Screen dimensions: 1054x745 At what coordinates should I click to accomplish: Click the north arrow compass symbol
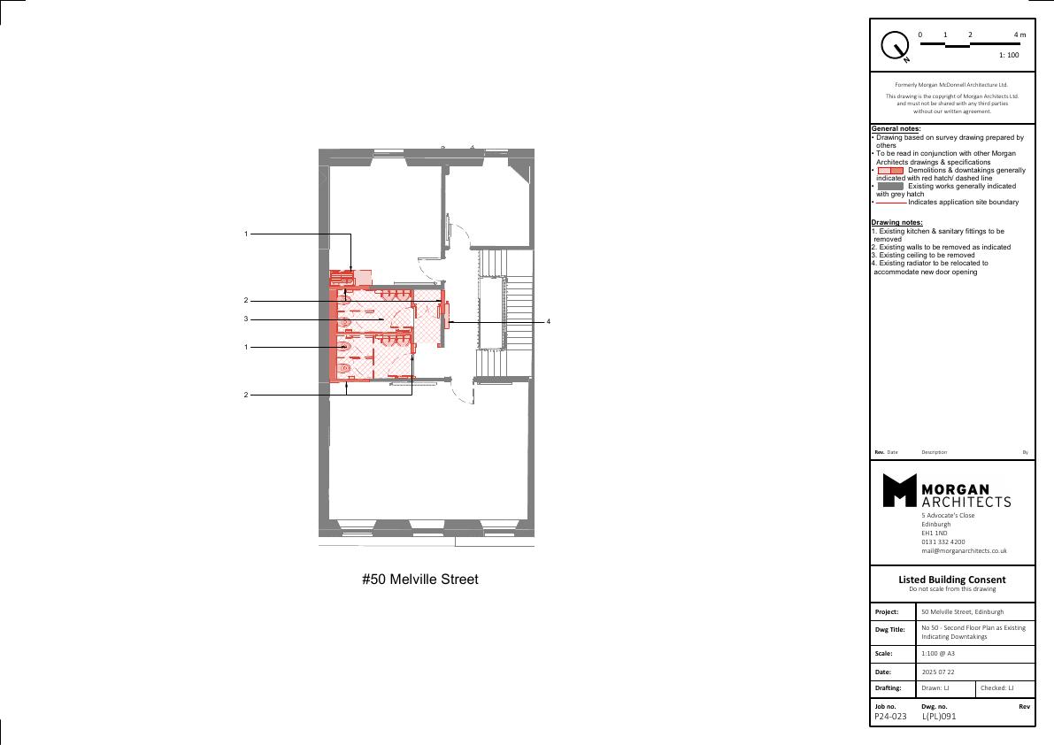895,46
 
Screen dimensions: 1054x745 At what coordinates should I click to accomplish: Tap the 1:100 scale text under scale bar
1008,55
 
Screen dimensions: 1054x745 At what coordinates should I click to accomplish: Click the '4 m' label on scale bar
1019,35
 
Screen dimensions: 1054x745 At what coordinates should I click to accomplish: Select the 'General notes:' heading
896,128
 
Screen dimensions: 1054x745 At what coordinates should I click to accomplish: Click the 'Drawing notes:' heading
896,222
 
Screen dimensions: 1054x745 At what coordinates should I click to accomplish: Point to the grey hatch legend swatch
890,186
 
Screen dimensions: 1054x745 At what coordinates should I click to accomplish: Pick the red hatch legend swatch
890,171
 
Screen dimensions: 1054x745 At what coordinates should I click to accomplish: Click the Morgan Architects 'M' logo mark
899,490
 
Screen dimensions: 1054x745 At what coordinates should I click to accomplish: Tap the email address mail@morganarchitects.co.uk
964,551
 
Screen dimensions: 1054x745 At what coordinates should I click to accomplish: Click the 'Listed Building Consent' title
952,579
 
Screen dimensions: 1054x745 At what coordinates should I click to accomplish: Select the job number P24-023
890,717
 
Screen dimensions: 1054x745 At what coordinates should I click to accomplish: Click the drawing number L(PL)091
938,717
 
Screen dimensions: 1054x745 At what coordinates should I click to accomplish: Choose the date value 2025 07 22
938,672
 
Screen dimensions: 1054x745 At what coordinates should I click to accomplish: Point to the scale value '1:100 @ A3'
938,653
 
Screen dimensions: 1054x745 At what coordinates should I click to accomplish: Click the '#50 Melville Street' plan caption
420,579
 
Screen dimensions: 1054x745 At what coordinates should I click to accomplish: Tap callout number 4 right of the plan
549,322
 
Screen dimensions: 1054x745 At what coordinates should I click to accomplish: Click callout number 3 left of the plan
246,319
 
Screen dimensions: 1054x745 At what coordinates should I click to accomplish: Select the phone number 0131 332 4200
943,541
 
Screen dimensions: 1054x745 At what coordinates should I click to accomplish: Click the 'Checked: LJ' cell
996,687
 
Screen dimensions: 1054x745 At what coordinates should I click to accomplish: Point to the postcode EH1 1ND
935,533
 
